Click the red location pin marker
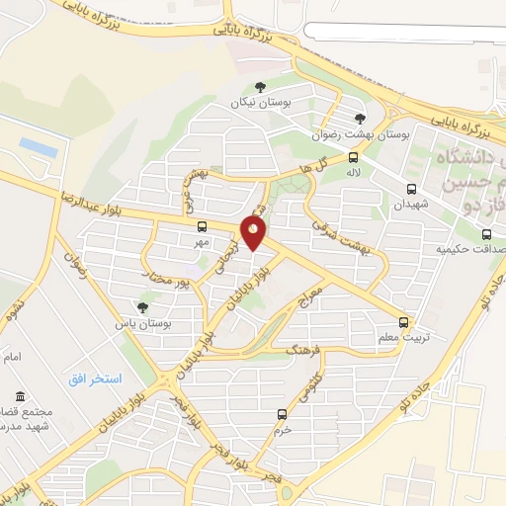(254, 233)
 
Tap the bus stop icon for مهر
(202, 226)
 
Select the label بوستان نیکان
(250, 103)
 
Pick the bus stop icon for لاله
(354, 157)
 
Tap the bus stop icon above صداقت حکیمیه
(486, 234)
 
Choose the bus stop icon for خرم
(283, 415)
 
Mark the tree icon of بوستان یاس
(144, 307)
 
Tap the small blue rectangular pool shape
(37, 146)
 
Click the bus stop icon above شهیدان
(410, 189)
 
